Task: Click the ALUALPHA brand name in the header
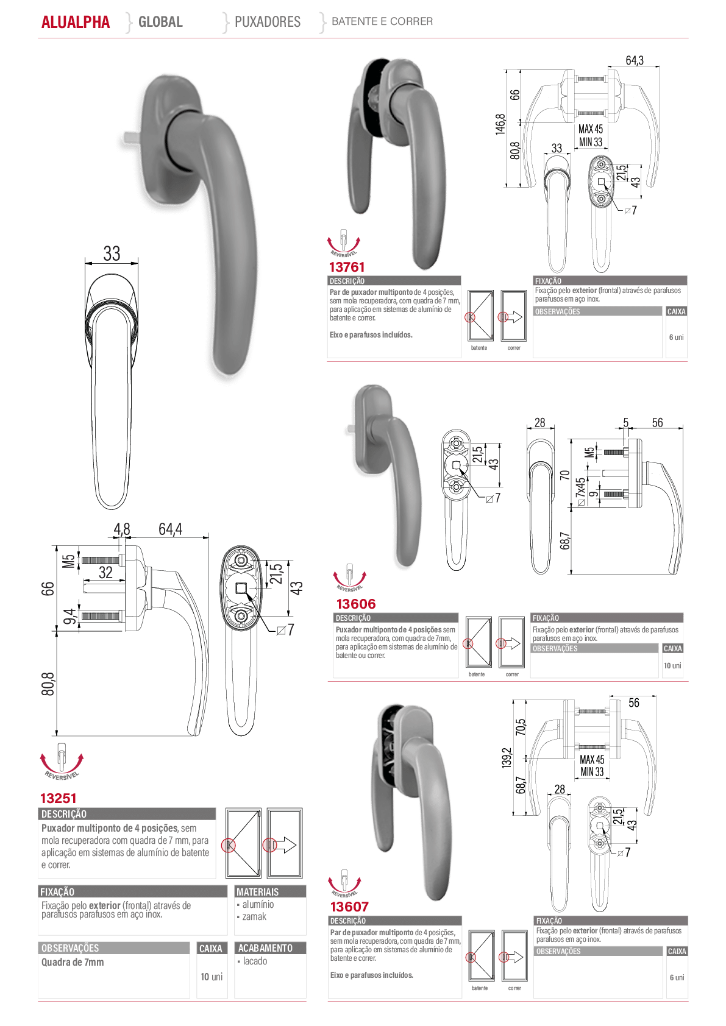coord(76,22)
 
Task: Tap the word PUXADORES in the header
coord(268,21)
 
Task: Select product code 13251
coord(58,798)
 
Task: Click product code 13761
coord(347,267)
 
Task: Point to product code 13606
coord(356,604)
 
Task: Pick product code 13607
coord(350,907)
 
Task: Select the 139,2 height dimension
coord(507,757)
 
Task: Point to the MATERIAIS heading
coord(258,892)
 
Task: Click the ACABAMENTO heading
coord(265,947)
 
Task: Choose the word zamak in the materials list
coord(254,916)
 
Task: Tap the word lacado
coord(255,961)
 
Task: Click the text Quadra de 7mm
coord(73,962)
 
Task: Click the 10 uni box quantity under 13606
coord(672,665)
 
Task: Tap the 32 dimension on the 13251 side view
coord(106,573)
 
